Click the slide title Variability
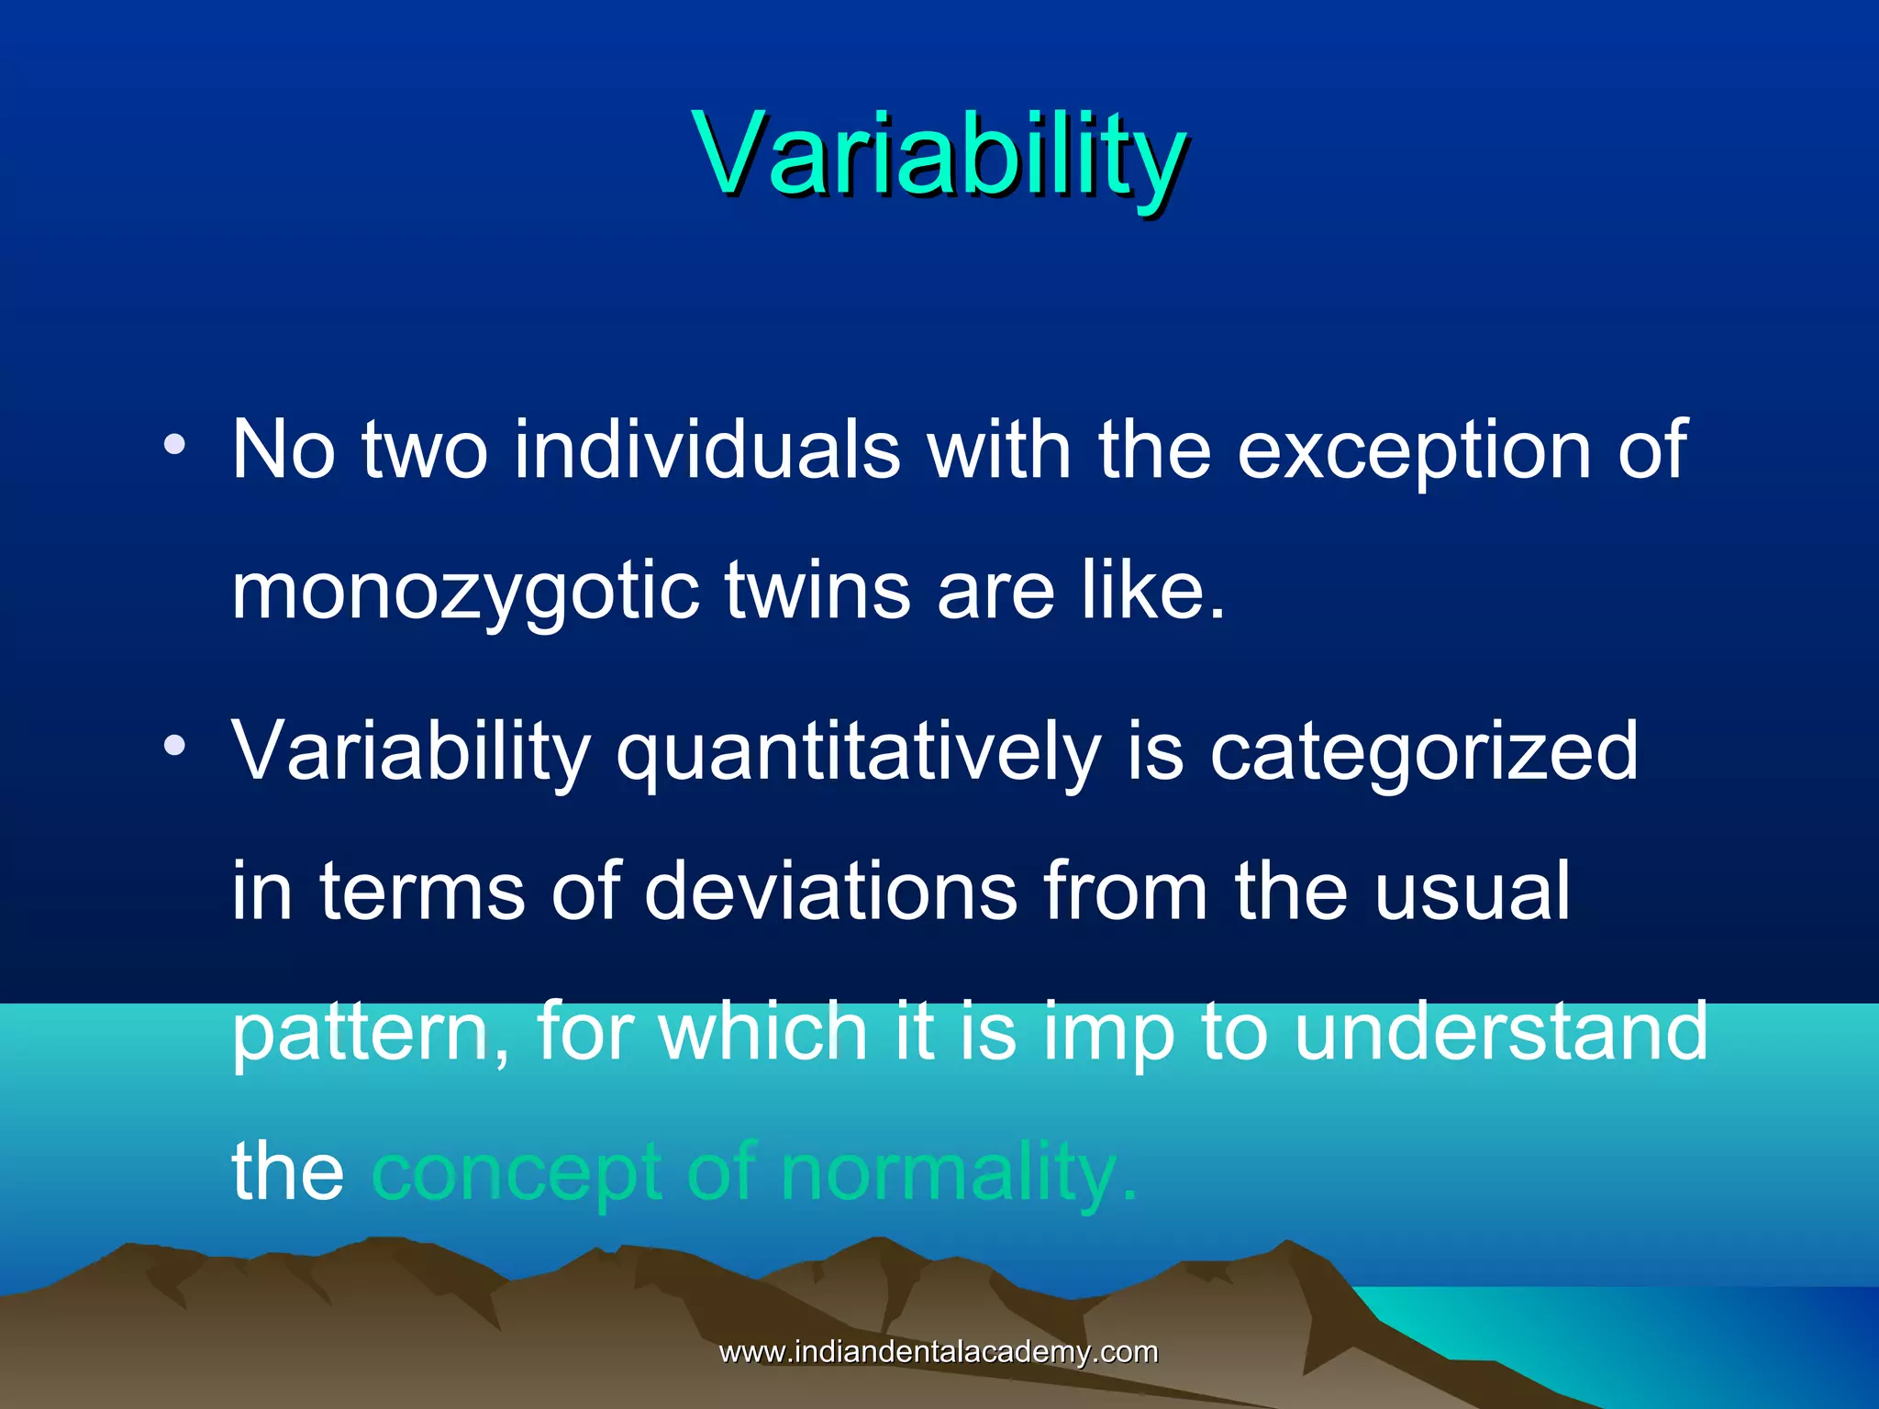[939, 154]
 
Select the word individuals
[706, 449]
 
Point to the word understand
[1501, 1031]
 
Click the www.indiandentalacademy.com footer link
[939, 1352]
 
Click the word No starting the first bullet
[284, 449]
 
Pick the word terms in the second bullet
[422, 892]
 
